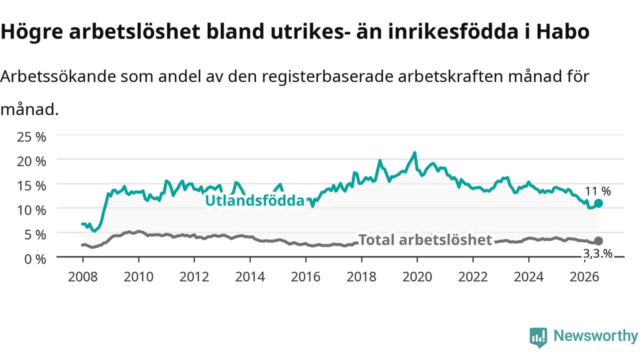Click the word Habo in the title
(562, 31)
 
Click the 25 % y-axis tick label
(31, 137)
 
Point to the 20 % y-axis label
(31, 161)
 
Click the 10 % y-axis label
(31, 210)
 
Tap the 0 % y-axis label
(35, 259)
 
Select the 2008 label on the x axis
(83, 277)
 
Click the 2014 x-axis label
(250, 277)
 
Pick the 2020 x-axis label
(417, 277)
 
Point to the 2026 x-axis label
(584, 277)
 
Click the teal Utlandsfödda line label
(255, 200)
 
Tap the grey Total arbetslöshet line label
(425, 239)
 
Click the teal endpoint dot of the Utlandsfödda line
(598, 203)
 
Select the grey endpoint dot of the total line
(598, 241)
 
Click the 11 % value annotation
(598, 191)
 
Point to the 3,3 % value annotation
(598, 253)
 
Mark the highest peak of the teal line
(414, 152)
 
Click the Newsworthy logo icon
(538, 337)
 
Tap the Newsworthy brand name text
(595, 335)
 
